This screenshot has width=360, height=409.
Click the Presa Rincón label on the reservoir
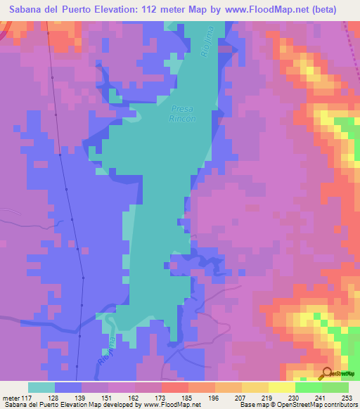pos(182,114)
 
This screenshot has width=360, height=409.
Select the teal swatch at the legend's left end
pos(41,387)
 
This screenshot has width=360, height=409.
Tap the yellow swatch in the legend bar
pos(281,387)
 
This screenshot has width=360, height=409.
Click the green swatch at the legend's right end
pos(335,387)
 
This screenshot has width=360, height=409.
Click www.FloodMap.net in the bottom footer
pos(162,405)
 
